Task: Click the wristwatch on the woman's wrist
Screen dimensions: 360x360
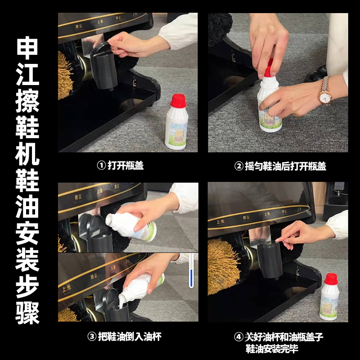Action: [x=324, y=90]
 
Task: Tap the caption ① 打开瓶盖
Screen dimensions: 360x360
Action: [x=120, y=166]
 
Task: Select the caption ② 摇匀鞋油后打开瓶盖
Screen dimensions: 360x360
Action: [x=280, y=166]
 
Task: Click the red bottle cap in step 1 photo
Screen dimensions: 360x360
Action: [x=179, y=100]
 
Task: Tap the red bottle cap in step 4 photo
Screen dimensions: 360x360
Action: [x=331, y=279]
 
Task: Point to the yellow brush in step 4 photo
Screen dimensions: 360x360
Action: [x=223, y=266]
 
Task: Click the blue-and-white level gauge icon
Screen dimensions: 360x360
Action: [x=191, y=270]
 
